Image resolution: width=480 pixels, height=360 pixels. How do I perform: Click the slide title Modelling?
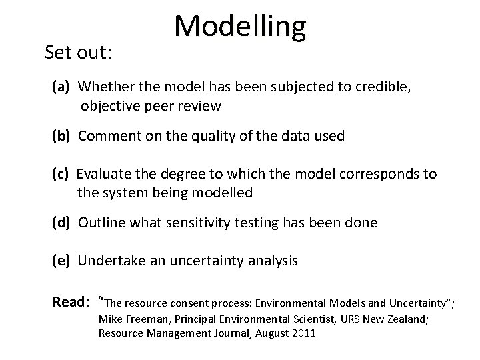(x=240, y=26)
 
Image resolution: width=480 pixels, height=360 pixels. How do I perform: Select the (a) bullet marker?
(x=63, y=87)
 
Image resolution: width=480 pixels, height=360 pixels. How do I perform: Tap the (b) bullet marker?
(x=63, y=136)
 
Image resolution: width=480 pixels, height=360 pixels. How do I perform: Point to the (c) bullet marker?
(x=63, y=175)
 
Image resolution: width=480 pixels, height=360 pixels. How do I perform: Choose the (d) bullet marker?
(x=63, y=223)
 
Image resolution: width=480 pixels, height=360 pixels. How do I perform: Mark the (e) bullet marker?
(x=63, y=261)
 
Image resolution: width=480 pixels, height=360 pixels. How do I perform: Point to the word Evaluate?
(x=106, y=175)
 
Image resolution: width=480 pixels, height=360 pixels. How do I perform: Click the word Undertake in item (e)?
(x=109, y=261)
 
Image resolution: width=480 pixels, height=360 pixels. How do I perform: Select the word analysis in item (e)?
(x=271, y=261)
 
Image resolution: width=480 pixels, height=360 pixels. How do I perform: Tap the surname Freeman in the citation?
(x=145, y=319)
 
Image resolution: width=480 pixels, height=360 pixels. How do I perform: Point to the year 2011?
(x=304, y=333)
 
